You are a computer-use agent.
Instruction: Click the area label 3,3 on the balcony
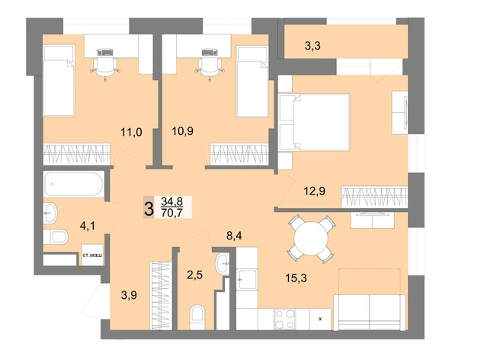coord(312,47)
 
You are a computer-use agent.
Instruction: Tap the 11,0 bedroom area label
coord(131,132)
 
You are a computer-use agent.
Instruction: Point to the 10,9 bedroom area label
coord(182,131)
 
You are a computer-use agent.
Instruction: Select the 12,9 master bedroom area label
coord(315,191)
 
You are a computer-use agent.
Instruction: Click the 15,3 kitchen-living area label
coord(296,278)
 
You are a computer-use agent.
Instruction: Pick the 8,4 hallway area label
coord(234,236)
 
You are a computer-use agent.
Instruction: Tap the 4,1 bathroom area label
coord(88,227)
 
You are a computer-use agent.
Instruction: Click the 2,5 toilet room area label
coord(195,275)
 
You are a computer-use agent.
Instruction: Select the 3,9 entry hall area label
coord(129,295)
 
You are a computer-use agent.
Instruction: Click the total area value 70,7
coord(172,213)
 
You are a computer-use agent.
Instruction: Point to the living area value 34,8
coord(172,201)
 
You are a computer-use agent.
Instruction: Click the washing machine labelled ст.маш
coord(92,255)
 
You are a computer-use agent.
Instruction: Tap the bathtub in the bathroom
coord(74,184)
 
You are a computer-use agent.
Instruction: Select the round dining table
coord(311,239)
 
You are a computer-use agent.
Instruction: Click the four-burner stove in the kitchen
coord(285,319)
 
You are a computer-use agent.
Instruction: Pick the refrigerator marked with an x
coord(320,319)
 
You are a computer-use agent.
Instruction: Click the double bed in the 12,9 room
coord(315,122)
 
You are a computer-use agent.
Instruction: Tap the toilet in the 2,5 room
coord(197,317)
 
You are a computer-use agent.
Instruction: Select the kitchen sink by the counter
coord(247,279)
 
